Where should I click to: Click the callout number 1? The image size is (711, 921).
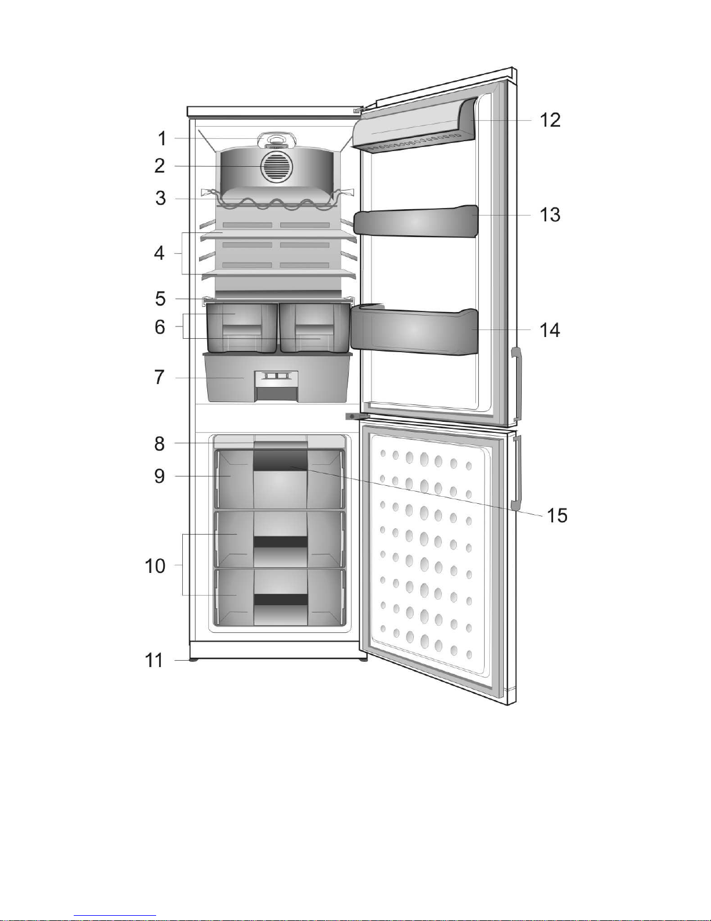[162, 139]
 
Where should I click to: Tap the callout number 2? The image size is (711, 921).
[160, 166]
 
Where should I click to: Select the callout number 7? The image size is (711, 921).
[160, 377]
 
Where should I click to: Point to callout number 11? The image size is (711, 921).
[154, 660]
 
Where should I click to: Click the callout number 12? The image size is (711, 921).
[550, 120]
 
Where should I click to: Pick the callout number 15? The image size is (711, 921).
[557, 516]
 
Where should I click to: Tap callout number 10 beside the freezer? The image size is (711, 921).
[155, 566]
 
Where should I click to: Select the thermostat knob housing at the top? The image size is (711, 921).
[277, 140]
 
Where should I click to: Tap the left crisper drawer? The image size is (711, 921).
[241, 328]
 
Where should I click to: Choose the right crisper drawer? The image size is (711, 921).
[315, 328]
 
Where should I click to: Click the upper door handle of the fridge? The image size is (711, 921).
[517, 384]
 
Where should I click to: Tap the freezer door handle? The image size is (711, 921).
[517, 472]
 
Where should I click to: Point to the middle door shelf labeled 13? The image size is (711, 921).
[416, 221]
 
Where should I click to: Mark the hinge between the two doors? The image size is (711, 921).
[358, 417]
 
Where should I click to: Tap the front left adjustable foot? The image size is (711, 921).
[193, 660]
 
